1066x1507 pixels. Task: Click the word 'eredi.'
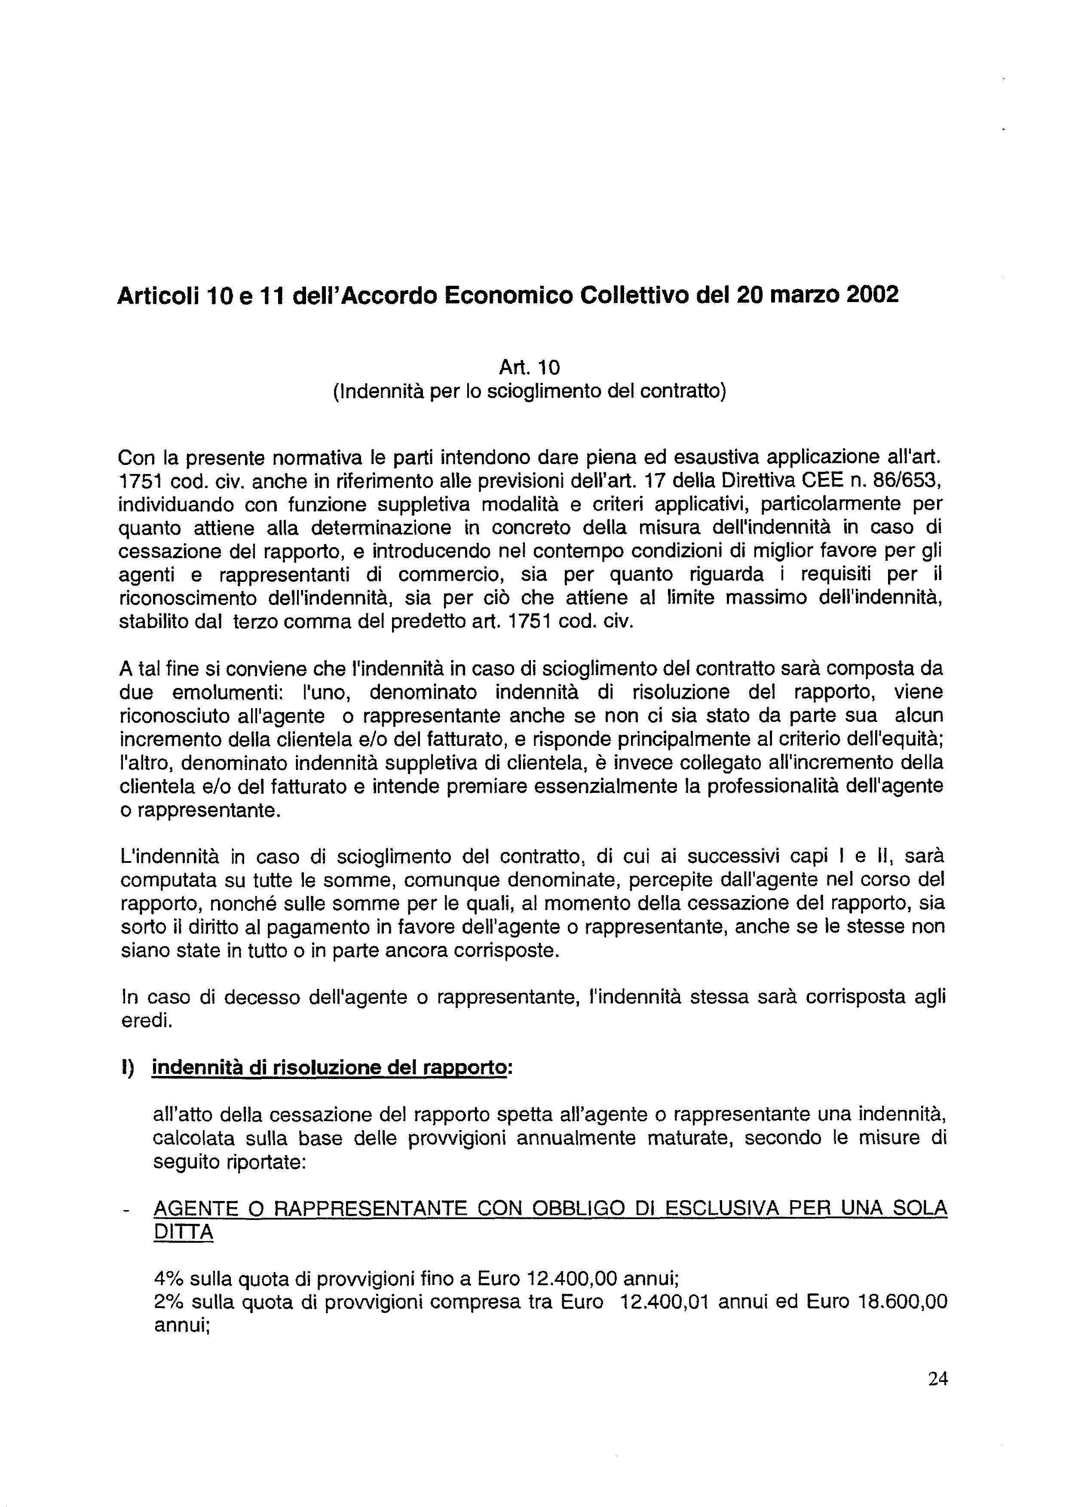coord(147,1021)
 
